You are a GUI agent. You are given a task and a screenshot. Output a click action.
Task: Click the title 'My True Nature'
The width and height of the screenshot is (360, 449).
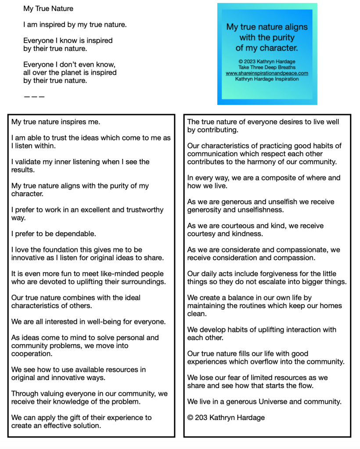[48, 8]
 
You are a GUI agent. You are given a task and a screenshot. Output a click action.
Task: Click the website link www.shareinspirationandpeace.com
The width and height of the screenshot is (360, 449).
[267, 73]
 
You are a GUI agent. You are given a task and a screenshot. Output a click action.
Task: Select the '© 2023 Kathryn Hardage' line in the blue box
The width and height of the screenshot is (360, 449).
[267, 61]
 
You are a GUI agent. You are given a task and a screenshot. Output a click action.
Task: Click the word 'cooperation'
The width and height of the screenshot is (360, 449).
[32, 353]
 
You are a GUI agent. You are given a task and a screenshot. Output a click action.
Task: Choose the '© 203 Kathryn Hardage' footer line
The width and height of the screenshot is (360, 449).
[226, 417]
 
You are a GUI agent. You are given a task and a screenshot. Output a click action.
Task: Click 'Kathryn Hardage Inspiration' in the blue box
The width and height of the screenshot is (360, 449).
[267, 79]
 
